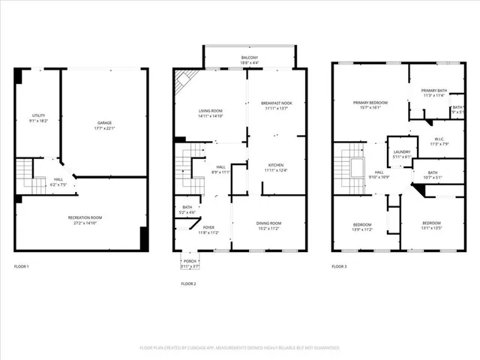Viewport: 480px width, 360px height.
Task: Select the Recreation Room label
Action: [88, 220]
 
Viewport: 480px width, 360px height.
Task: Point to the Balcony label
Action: [250, 58]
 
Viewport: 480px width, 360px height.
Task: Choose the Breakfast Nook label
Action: [276, 105]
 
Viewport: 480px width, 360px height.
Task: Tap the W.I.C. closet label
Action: [439, 140]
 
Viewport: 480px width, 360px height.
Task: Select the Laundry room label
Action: [402, 154]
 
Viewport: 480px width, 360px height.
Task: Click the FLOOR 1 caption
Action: [22, 266]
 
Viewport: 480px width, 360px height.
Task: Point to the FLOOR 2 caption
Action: [188, 283]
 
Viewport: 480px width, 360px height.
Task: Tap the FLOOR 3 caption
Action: [339, 266]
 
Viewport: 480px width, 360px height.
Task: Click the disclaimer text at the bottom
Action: [239, 348]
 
